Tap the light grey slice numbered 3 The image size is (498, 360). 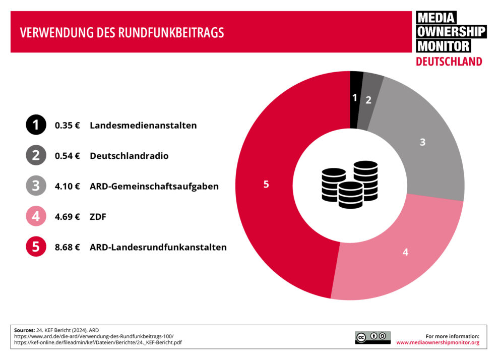coord(422,142)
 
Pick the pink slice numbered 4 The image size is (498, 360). coord(405,252)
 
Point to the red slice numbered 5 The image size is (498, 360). coord(266,185)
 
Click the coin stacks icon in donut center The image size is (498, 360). coord(350,185)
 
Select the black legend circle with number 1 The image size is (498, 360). coord(36,126)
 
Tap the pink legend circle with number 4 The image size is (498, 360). coord(36,217)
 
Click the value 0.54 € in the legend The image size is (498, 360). coord(67,156)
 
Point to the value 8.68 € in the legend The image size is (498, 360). coord(67,247)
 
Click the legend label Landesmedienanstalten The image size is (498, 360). coord(143,126)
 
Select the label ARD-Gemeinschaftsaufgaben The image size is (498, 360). coord(154,186)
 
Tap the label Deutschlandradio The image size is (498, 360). coord(129,156)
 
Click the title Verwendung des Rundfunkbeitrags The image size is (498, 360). coord(121,33)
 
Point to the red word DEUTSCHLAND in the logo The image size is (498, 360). coord(449,62)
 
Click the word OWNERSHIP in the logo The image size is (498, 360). coord(451,32)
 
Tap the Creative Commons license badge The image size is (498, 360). coord(372,337)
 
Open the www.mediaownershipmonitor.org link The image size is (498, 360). coord(438,342)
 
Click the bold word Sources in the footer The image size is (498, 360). coord(24,330)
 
